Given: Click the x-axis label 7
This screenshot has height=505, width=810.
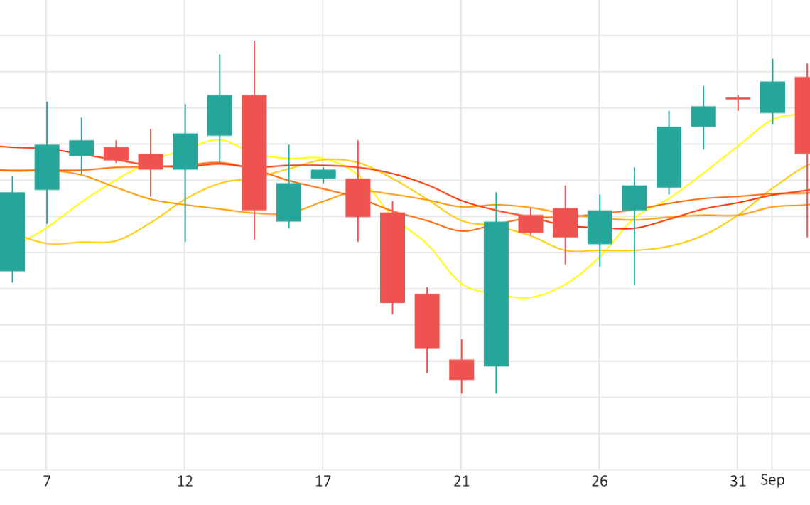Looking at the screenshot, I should [47, 482].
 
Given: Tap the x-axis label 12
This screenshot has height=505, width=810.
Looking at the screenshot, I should [185, 482].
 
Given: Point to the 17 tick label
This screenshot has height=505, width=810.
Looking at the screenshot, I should [323, 482].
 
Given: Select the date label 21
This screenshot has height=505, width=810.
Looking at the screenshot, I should [461, 482].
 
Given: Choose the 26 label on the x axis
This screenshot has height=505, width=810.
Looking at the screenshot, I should [600, 482].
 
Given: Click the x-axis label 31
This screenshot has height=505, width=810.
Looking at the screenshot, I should [738, 482].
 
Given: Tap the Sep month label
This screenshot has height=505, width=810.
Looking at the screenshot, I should [772, 480].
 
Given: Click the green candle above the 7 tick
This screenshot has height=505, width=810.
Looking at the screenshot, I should [47, 167].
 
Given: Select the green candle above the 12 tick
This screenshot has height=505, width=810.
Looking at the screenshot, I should [185, 151].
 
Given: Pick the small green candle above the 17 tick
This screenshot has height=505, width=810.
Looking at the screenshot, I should [323, 174].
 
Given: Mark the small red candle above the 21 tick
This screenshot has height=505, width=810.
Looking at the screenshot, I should [461, 369].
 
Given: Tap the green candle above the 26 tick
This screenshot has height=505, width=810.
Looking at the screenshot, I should [600, 227].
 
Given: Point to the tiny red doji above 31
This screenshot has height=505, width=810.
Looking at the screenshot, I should [738, 98].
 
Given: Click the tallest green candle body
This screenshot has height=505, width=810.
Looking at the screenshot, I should [496, 294].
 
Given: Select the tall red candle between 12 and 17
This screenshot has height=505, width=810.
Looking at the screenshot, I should [254, 152].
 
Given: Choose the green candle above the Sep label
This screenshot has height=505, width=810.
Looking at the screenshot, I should [772, 97].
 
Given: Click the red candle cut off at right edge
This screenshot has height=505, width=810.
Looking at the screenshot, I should [802, 115].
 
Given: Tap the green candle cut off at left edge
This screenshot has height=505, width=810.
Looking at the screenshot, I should [11, 231].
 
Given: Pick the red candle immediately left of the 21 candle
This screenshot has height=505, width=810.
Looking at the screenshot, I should [427, 321].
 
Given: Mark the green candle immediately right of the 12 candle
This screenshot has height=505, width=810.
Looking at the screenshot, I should [220, 115].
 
